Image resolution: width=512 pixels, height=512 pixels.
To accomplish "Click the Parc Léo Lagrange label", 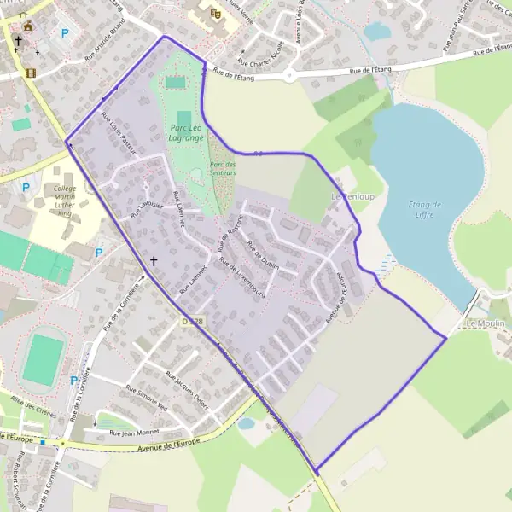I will (x=186, y=132).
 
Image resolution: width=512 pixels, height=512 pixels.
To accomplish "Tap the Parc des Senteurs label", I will (x=223, y=168).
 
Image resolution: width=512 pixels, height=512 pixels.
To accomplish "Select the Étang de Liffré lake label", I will (x=424, y=209).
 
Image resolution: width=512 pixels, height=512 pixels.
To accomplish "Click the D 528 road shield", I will (x=193, y=321).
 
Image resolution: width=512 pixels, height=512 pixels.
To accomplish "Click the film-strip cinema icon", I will (x=32, y=73).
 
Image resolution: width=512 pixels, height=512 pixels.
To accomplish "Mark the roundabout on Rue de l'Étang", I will (x=288, y=75).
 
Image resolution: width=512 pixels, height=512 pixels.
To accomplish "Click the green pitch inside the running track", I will (x=43, y=359).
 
